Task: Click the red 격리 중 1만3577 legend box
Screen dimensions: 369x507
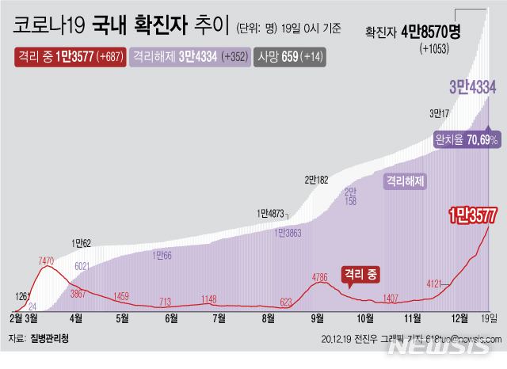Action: [70, 58]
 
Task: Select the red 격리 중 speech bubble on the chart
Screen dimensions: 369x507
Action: [360, 274]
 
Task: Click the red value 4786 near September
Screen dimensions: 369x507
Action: [320, 277]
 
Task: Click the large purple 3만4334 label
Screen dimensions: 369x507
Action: [473, 87]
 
